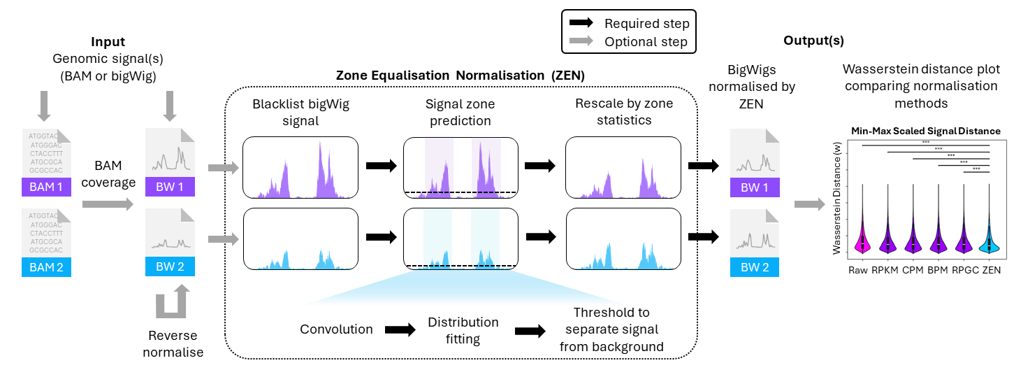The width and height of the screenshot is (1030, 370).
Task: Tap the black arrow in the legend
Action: click(581, 24)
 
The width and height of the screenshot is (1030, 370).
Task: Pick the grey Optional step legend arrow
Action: click(581, 42)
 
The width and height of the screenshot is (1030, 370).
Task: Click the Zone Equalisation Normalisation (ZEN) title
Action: click(460, 74)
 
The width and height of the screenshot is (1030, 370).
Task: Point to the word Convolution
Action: click(336, 329)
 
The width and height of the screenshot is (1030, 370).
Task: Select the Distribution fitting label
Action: click(463, 330)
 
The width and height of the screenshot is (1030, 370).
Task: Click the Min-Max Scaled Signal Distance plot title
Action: click(925, 131)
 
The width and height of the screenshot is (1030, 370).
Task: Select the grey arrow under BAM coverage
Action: click(107, 204)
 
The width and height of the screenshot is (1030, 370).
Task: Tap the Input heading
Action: click(108, 41)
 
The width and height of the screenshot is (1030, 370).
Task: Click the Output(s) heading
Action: click(813, 41)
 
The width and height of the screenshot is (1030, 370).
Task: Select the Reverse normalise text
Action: click(173, 344)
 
